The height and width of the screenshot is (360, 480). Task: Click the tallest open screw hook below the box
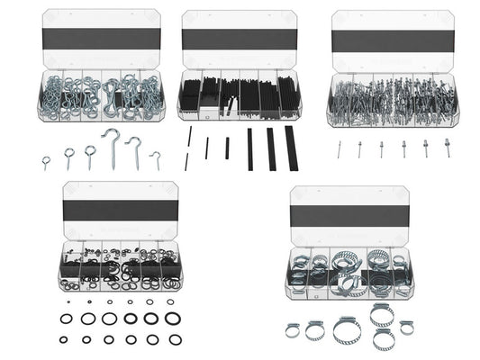[x=113, y=147]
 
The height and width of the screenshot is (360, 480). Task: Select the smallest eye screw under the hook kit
[x=46, y=162]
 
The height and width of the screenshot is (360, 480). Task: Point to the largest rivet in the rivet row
[x=446, y=147]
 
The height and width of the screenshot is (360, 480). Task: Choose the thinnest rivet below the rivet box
[x=340, y=148]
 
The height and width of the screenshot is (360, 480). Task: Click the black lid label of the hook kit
[x=101, y=37]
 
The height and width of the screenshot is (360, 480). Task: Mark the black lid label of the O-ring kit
[x=120, y=208]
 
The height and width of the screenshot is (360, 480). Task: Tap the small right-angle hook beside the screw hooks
[x=156, y=160]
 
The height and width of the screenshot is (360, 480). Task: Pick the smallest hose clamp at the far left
[x=293, y=330]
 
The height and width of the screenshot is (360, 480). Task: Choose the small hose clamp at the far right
[x=406, y=327]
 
